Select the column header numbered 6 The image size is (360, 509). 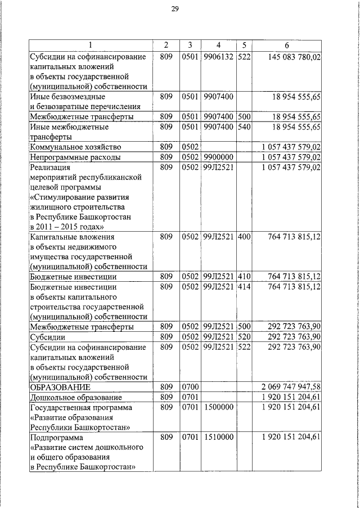coord(287,45)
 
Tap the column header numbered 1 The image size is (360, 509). coord(90,45)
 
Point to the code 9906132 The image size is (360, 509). coord(217,57)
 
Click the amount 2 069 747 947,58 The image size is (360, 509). coord(291,388)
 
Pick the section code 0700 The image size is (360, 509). coord(191,388)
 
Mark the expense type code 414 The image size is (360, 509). coord(244,287)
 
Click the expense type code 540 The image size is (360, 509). coord(244,127)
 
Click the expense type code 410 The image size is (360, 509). coord(244,276)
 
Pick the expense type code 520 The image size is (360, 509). coord(244,336)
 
